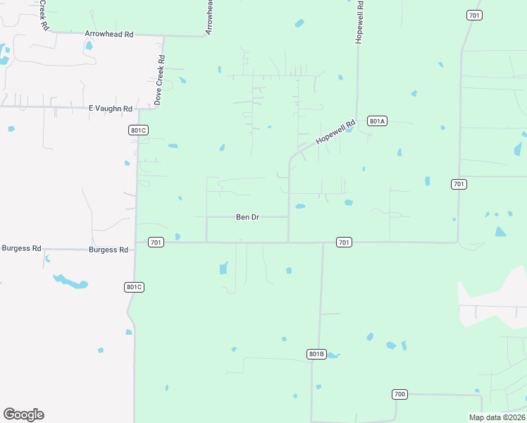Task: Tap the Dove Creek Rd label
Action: [x=159, y=80]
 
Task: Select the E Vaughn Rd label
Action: [x=111, y=109]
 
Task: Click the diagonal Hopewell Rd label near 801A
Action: [x=336, y=132]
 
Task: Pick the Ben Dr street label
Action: [x=247, y=217]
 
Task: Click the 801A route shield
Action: [x=377, y=121]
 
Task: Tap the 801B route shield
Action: [x=316, y=353]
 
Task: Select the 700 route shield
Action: [x=400, y=394]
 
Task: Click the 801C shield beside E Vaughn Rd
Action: [x=138, y=130]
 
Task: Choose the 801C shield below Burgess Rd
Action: [x=134, y=286]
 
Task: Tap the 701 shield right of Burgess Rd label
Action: [x=156, y=243]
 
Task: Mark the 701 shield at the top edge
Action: [x=474, y=15]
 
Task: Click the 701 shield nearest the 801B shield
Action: [x=343, y=243]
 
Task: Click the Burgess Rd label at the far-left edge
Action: [x=21, y=248]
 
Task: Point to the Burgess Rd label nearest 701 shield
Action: [x=108, y=250]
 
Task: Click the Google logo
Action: [x=23, y=415]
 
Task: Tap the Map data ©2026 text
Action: [x=496, y=417]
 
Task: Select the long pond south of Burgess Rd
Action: [x=70, y=281]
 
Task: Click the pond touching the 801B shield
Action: [x=333, y=355]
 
